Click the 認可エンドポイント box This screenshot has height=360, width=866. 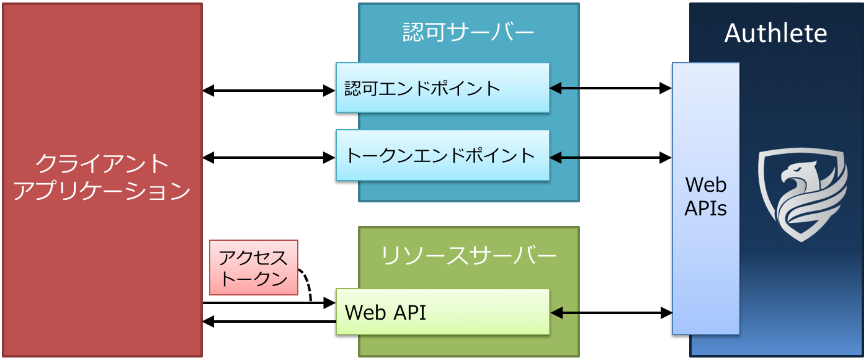click(442, 88)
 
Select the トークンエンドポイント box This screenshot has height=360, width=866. click(442, 155)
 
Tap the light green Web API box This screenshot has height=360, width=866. click(442, 312)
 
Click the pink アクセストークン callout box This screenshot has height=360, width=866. click(254, 268)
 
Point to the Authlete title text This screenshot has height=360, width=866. click(775, 33)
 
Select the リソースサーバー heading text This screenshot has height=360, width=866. click(468, 255)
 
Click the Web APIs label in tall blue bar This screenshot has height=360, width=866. click(706, 196)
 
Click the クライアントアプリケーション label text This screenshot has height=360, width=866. click(102, 178)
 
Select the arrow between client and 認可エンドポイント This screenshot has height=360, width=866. click(269, 91)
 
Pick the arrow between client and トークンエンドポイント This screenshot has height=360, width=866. click(269, 158)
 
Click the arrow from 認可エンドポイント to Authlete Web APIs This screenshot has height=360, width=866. click(611, 89)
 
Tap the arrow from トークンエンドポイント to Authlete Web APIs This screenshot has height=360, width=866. click(611, 158)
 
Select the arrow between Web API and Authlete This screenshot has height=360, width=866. click(611, 313)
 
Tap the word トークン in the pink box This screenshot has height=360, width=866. click(254, 279)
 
